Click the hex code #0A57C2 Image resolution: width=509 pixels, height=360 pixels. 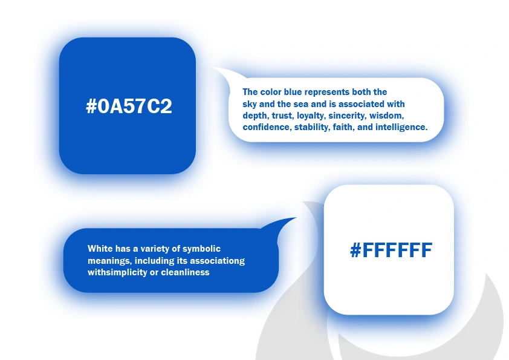point(129,106)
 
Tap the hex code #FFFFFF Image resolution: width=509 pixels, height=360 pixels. point(391,250)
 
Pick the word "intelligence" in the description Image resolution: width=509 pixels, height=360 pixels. point(401,127)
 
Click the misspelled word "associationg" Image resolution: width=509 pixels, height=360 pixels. point(217,261)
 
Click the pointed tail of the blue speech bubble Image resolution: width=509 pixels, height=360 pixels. point(296,218)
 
